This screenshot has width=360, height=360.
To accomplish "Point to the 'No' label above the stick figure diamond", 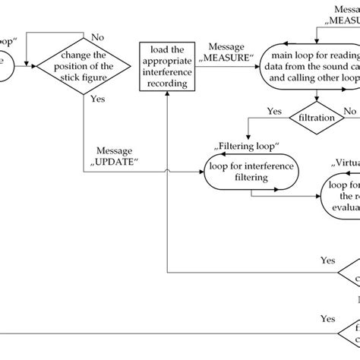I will [97, 35].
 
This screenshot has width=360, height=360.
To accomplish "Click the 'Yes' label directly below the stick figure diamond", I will [97, 99].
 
